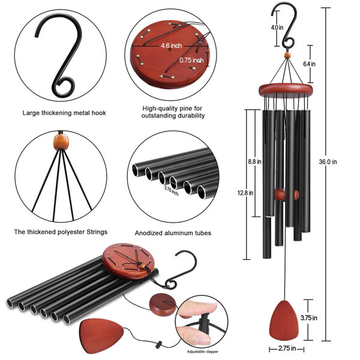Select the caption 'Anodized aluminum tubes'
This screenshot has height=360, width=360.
(173, 233)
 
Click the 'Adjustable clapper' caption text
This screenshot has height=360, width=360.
(204, 351)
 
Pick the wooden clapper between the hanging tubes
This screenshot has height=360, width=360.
(286, 195)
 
